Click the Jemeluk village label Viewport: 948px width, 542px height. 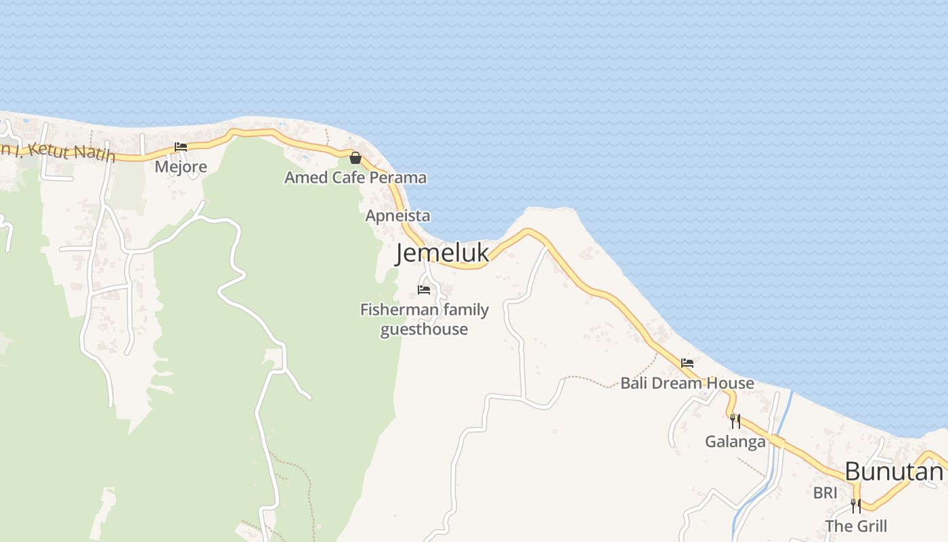pyautogui.click(x=441, y=253)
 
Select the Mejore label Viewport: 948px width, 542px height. pyautogui.click(x=181, y=166)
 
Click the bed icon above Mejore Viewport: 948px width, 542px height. pyautogui.click(x=181, y=146)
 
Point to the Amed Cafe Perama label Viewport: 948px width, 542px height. pyautogui.click(x=355, y=178)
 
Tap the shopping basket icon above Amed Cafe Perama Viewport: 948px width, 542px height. pyautogui.click(x=355, y=158)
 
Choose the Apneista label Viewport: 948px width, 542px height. pyautogui.click(x=397, y=215)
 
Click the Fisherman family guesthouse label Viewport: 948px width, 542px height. pyautogui.click(x=424, y=319)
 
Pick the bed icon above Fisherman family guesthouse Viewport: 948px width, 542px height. pyautogui.click(x=424, y=290)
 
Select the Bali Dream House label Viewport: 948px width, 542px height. pyautogui.click(x=687, y=383)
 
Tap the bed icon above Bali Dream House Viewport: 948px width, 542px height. pyautogui.click(x=687, y=363)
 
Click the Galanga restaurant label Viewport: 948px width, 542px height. pyautogui.click(x=735, y=442)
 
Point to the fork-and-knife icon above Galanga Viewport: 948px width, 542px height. pyautogui.click(x=735, y=421)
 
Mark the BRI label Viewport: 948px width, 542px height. pyautogui.click(x=825, y=493)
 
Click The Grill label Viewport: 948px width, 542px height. pyautogui.click(x=856, y=526)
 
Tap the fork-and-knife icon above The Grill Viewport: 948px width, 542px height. pyautogui.click(x=856, y=505)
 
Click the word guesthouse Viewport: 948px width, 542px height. pyautogui.click(x=424, y=329)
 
